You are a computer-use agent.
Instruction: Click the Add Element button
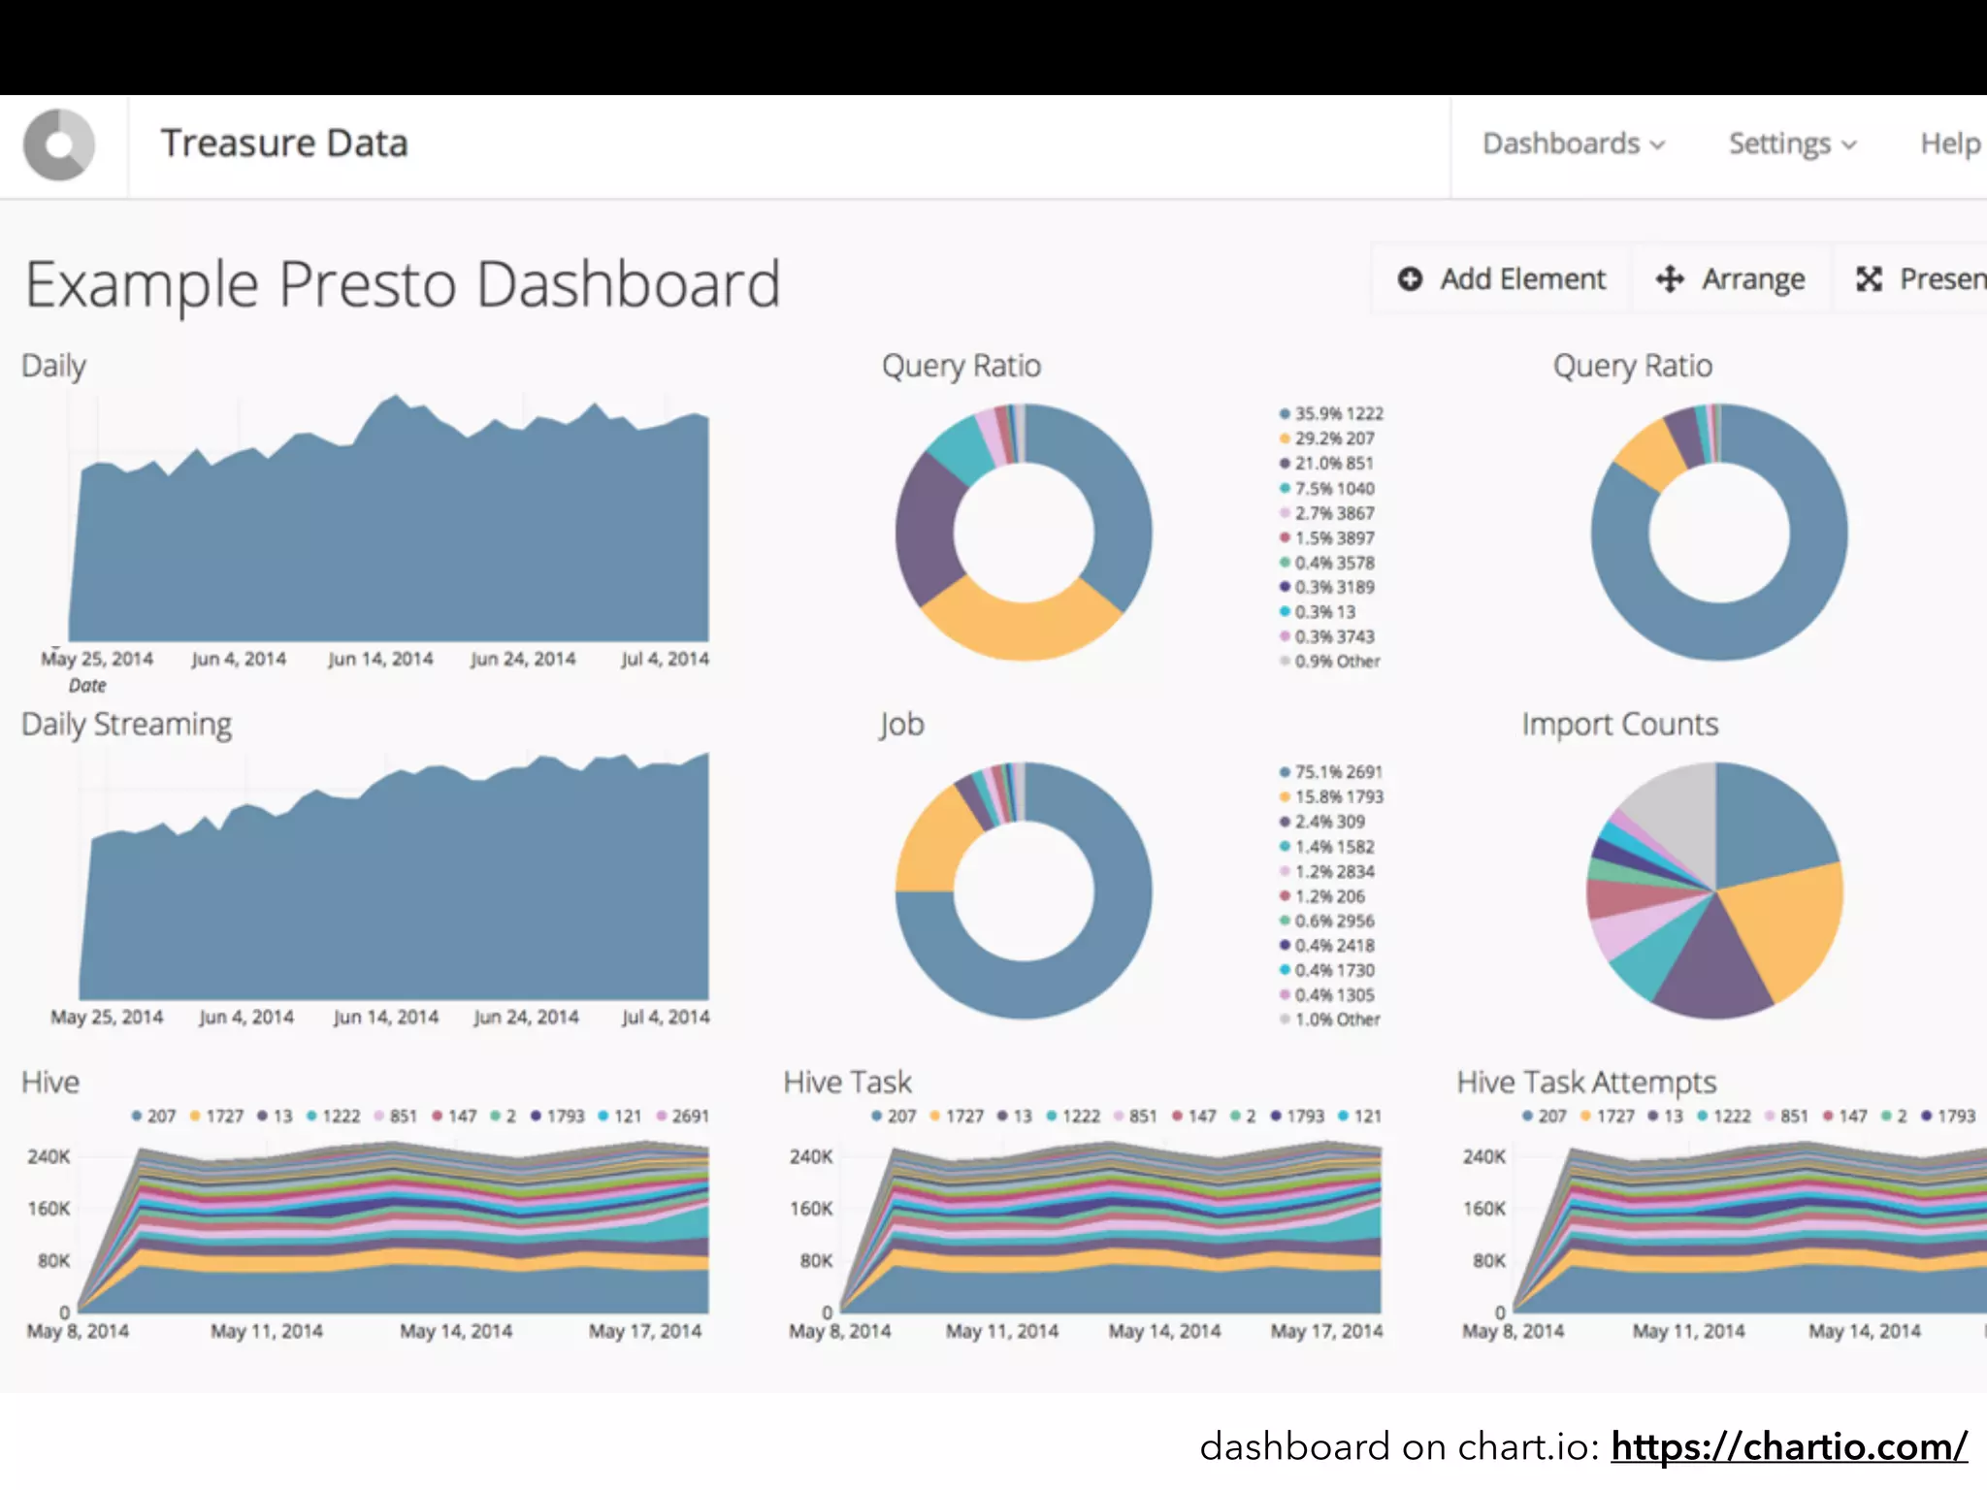[1502, 279]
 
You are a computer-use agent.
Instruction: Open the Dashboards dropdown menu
[1573, 144]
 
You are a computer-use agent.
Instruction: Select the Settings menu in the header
[1791, 144]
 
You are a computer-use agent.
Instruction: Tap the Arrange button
[1731, 279]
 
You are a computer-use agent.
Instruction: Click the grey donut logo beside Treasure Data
[59, 145]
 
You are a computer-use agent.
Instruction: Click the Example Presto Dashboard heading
[403, 284]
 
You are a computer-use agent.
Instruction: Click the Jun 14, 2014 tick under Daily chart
[380, 660]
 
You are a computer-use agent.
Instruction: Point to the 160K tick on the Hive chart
[49, 1209]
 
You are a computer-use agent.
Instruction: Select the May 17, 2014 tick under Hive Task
[1326, 1332]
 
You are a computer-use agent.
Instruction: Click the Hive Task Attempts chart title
[1586, 1083]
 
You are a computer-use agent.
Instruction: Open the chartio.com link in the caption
[1788, 1447]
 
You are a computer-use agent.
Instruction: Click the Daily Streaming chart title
[127, 725]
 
